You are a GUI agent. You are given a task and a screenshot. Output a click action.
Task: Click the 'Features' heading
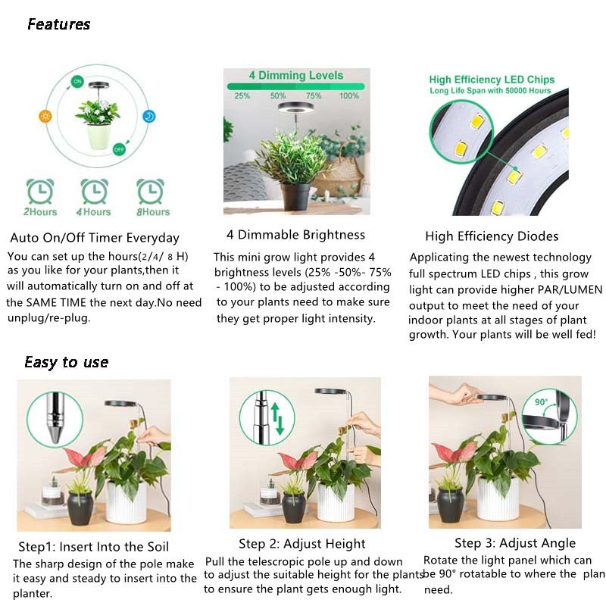(x=58, y=24)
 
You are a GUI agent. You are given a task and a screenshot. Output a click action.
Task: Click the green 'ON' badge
(x=77, y=81)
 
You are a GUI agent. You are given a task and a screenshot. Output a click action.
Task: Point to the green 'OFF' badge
(x=118, y=150)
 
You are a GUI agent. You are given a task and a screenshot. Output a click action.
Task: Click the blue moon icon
(x=150, y=116)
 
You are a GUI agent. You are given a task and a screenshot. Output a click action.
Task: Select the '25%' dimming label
(x=242, y=96)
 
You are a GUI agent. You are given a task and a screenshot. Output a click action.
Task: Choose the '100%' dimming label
(x=349, y=96)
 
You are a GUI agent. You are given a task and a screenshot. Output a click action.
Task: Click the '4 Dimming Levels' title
(x=296, y=76)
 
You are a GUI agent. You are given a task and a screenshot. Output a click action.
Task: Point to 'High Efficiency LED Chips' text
(x=492, y=80)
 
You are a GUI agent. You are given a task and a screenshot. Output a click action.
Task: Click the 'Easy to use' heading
(x=66, y=362)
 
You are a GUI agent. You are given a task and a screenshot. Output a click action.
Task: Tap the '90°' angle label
(x=541, y=402)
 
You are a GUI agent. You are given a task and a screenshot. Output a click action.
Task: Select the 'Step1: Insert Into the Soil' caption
(x=93, y=546)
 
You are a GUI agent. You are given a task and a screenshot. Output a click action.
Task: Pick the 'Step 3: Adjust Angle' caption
(x=515, y=542)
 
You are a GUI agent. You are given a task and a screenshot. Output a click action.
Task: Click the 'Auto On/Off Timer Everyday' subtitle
(x=95, y=238)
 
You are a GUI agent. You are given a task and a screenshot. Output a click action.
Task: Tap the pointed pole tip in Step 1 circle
(x=57, y=436)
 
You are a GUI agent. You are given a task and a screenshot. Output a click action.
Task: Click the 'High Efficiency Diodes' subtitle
(x=492, y=236)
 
